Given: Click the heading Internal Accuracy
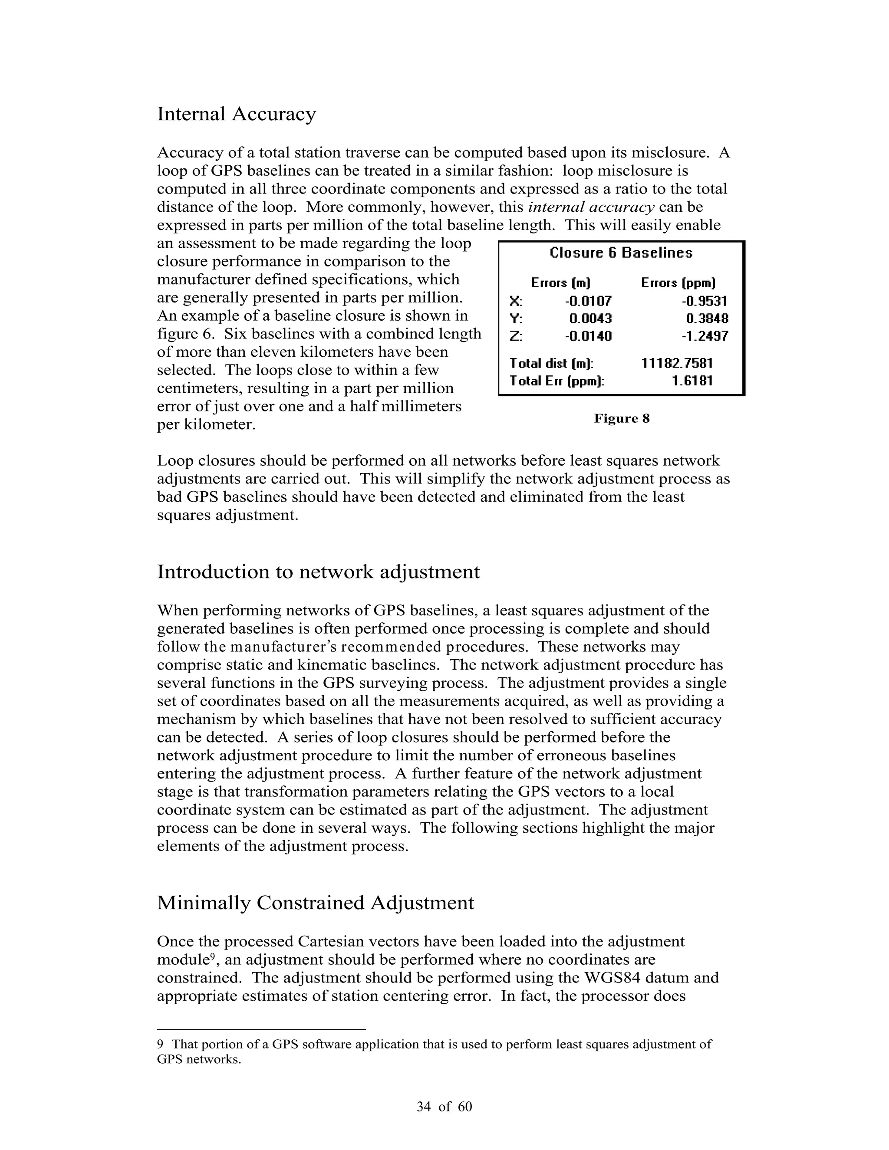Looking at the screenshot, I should [x=236, y=114].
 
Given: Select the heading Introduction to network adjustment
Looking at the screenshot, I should [x=318, y=572].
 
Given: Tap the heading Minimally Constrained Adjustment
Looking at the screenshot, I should [x=315, y=903].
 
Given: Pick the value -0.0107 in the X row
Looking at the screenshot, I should [x=588, y=301].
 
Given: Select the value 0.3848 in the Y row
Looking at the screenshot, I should [x=707, y=319].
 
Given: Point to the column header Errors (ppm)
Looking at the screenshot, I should [x=678, y=283].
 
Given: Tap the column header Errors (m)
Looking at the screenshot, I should [x=560, y=283].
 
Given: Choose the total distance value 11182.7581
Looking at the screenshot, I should [x=677, y=363].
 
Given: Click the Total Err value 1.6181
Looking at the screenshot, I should [x=691, y=381].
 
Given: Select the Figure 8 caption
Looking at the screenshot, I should [x=622, y=419].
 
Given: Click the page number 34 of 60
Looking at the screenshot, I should [x=444, y=1107].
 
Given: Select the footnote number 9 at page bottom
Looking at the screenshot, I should [x=160, y=1044].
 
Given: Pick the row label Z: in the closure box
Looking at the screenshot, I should [x=516, y=336].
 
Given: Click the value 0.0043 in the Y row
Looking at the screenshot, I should [x=590, y=319].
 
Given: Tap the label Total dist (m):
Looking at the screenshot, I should [x=551, y=363].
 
